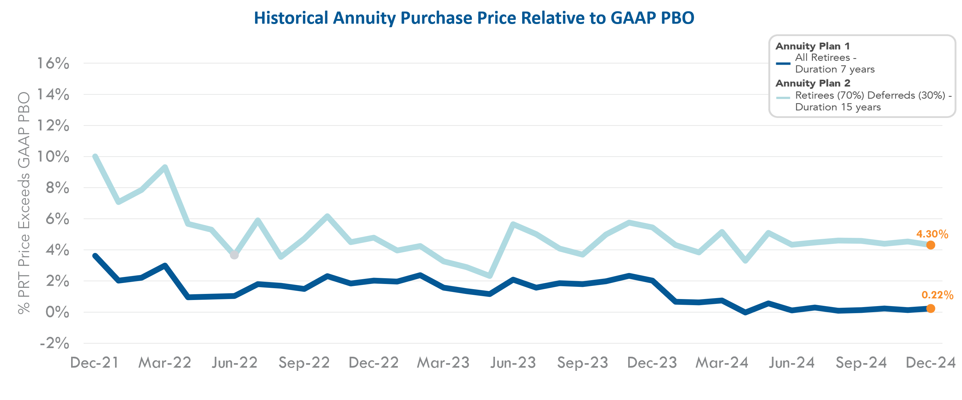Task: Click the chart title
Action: pos(474,18)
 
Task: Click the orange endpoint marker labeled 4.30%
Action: pos(930,245)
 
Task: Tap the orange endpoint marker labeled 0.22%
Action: pos(930,309)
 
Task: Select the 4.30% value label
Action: pos(932,234)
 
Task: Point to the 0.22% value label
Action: pos(937,295)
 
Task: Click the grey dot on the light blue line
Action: pos(234,255)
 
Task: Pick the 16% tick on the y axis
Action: pos(53,63)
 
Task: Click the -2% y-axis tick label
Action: pos(54,343)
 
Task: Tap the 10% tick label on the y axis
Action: pos(53,156)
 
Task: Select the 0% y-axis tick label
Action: pos(57,312)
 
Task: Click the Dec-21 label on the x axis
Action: pos(95,363)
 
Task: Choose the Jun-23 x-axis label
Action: pos(513,363)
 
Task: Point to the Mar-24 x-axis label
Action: pos(721,363)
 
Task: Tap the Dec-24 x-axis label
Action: pos(930,363)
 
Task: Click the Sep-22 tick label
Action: pos(304,363)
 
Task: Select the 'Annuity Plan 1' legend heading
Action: pos(812,46)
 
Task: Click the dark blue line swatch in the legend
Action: pos(783,63)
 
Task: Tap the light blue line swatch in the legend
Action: pos(783,98)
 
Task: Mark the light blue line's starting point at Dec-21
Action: pos(95,156)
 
